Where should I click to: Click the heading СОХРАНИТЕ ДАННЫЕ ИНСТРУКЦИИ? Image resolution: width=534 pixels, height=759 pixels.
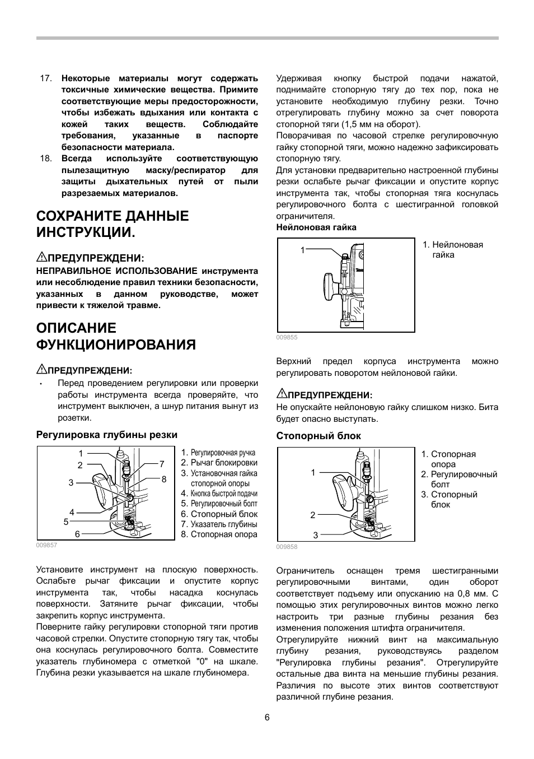click(113, 224)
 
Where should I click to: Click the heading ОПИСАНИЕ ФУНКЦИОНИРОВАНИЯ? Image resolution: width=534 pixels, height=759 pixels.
click(116, 336)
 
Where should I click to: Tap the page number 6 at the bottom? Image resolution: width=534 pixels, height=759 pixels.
click(267, 718)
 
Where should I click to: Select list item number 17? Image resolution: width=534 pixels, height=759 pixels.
click(46, 78)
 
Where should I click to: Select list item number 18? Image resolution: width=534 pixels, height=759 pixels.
click(46, 159)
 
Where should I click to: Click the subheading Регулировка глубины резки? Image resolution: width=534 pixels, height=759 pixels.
click(107, 435)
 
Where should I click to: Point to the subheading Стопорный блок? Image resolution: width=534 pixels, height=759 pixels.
click(318, 436)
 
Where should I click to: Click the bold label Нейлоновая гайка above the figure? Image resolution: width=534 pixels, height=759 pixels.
click(316, 227)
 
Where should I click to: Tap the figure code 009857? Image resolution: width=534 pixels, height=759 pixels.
click(46, 545)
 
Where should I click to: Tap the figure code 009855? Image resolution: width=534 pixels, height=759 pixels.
click(287, 337)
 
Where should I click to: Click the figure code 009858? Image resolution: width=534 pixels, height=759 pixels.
click(287, 547)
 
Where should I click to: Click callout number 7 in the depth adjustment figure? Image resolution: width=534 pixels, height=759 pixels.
click(162, 464)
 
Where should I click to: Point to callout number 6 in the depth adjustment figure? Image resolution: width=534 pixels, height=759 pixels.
click(77, 534)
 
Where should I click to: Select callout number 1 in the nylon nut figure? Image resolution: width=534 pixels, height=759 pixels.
click(303, 250)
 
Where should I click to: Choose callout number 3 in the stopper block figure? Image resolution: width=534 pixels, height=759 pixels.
click(315, 535)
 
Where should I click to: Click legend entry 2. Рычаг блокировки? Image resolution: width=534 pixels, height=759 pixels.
click(219, 463)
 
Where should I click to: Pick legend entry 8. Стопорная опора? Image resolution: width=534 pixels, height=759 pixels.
click(219, 534)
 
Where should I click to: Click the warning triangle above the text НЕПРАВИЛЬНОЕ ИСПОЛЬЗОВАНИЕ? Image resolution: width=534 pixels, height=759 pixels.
click(41, 257)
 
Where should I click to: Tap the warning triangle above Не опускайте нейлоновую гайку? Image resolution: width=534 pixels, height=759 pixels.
click(281, 394)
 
